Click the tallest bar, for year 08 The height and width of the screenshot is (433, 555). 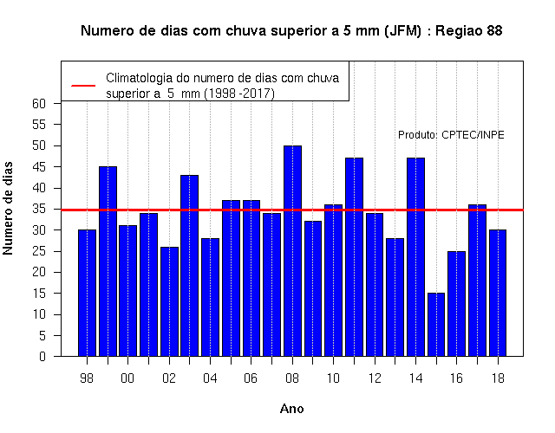[292, 250]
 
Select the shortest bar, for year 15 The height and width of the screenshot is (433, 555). [436, 325]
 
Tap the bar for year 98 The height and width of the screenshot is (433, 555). [87, 293]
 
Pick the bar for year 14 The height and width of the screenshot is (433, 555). [415, 257]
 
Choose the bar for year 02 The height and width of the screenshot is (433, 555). [169, 301]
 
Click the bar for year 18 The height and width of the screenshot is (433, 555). [498, 293]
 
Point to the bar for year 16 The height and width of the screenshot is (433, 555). [457, 304]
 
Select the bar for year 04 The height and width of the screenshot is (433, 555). [210, 297]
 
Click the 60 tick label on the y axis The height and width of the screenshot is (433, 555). [39, 104]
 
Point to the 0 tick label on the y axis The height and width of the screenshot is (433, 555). [42, 356]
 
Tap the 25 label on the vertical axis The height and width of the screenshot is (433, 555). [39, 251]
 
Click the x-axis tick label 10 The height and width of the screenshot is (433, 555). [333, 378]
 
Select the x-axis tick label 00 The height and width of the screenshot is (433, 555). [127, 378]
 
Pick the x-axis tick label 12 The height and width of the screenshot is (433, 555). [375, 378]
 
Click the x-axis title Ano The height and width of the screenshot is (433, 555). [292, 409]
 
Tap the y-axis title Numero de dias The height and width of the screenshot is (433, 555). [8, 209]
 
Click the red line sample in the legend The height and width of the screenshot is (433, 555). [83, 86]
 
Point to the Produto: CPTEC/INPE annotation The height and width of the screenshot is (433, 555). [451, 135]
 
